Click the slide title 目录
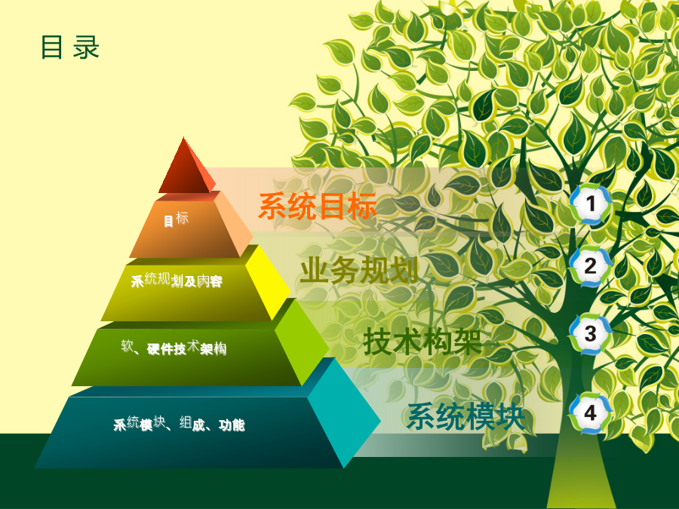(70, 48)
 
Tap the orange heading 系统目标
(318, 206)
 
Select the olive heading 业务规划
(359, 270)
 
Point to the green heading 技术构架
(422, 342)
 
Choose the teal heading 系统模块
(466, 416)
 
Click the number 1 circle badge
(591, 204)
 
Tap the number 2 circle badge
(591, 266)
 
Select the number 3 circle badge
(591, 334)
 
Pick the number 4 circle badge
(591, 413)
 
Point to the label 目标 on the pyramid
(177, 219)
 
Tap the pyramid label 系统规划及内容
(177, 281)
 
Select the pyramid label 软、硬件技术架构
(174, 348)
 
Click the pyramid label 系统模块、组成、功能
(179, 424)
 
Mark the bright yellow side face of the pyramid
(268, 281)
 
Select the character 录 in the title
(86, 48)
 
